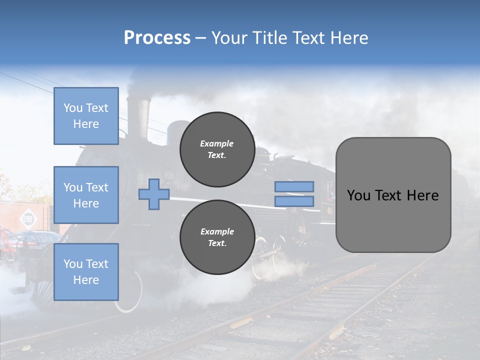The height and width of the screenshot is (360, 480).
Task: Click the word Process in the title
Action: (x=157, y=38)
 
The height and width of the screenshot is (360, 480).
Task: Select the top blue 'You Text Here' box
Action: (x=86, y=116)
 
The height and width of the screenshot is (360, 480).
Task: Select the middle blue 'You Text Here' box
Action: (x=86, y=195)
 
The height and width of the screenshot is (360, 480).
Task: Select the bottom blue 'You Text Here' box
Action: (x=86, y=271)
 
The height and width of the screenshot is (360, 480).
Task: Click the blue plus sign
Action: (x=153, y=194)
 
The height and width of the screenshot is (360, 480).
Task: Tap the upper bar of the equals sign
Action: (x=294, y=187)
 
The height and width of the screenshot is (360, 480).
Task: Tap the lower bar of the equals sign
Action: (x=294, y=201)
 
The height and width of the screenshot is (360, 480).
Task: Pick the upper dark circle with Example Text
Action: (x=217, y=149)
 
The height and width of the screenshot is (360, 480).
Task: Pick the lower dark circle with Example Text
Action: (x=217, y=237)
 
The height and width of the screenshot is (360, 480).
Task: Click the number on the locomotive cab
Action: (x=329, y=210)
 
